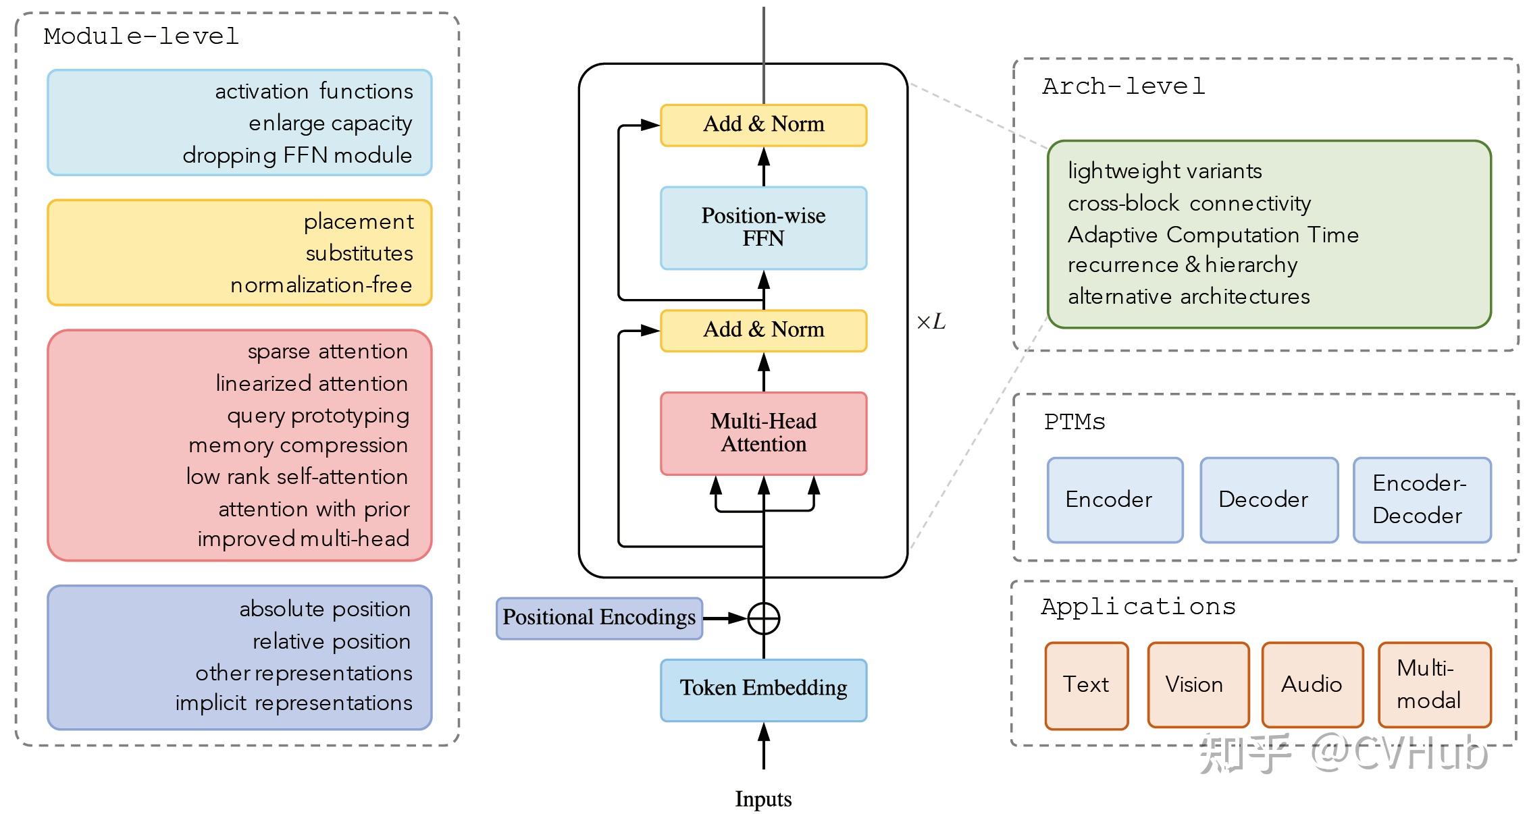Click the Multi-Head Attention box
pyautogui.click(x=763, y=433)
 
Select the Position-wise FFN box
pyautogui.click(x=763, y=227)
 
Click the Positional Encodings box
pyautogui.click(x=599, y=618)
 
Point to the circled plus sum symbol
pyautogui.click(x=764, y=618)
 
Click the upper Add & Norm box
pyautogui.click(x=763, y=125)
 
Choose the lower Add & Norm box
pyautogui.click(x=763, y=330)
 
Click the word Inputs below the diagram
pyautogui.click(x=763, y=799)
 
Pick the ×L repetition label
pyautogui.click(x=931, y=322)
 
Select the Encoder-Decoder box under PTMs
pyautogui.click(x=1422, y=499)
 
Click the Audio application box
pyautogui.click(x=1312, y=684)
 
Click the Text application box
pyautogui.click(x=1086, y=684)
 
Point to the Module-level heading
pyautogui.click(x=141, y=36)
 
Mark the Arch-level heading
pyautogui.click(x=1124, y=86)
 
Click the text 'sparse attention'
pyautogui.click(x=328, y=352)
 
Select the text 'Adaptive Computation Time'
pyautogui.click(x=1213, y=235)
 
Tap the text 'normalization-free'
pyautogui.click(x=321, y=286)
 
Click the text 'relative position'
pyautogui.click(x=332, y=641)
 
